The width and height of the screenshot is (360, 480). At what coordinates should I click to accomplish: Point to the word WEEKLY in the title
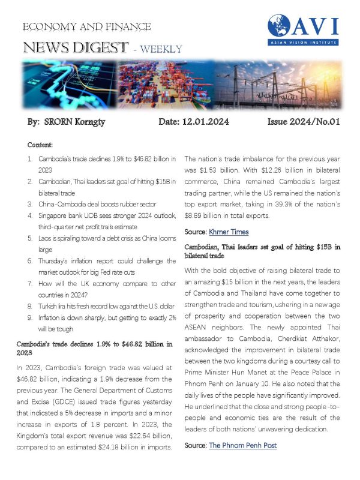click(160, 49)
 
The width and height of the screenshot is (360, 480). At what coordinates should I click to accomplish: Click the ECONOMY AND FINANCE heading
click(86, 27)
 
